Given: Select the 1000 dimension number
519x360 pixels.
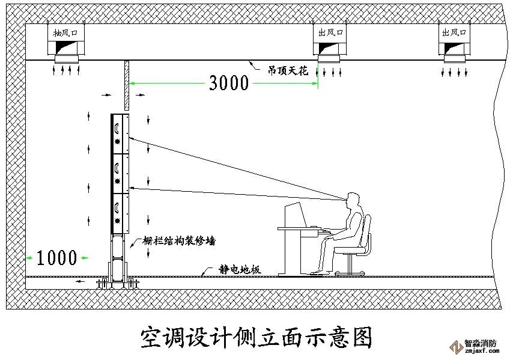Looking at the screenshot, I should coord(56,258).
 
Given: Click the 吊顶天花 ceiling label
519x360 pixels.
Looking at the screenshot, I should coord(287,70).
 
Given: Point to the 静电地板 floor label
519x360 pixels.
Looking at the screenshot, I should coord(240,270).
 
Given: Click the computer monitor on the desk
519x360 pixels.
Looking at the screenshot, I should coord(294,215).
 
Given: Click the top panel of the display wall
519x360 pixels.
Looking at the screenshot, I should coord(120,133).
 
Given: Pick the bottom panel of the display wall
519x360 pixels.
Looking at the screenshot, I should coord(120,212).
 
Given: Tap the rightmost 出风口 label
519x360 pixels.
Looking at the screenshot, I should coord(454,32).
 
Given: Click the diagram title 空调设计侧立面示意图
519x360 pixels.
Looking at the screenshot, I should coord(256,338).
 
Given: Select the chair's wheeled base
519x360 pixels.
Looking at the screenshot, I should coord(350,272).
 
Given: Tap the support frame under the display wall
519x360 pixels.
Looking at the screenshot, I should coord(119,258).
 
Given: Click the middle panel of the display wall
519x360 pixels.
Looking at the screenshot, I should coord(120,172).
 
